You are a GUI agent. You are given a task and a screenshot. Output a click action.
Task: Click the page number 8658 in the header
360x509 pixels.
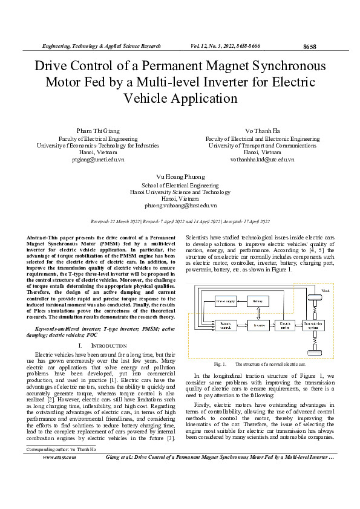tap(309, 47)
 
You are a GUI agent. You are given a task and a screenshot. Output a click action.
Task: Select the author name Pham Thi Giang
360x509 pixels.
tap(97, 131)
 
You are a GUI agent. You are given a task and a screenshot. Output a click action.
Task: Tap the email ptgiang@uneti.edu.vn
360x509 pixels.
tap(97, 160)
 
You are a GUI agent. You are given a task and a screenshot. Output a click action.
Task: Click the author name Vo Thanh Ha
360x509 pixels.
tap(262, 131)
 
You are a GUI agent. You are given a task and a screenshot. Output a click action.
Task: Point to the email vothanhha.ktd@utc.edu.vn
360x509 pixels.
tap(262, 160)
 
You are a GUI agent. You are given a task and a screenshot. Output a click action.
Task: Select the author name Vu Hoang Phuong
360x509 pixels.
tap(179, 177)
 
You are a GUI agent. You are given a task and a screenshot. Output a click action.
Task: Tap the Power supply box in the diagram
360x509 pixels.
tap(226, 300)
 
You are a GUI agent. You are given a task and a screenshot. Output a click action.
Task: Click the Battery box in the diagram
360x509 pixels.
tap(257, 300)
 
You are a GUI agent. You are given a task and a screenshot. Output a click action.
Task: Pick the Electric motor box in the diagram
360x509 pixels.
tap(286, 325)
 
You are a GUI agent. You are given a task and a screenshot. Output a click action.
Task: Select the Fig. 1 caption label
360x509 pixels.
tap(220, 365)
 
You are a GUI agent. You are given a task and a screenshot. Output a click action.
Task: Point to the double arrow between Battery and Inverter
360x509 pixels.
tap(257, 312)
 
